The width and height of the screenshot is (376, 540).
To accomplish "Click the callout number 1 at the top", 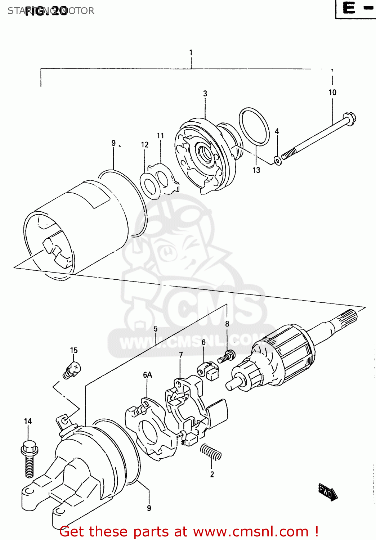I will point(191,53).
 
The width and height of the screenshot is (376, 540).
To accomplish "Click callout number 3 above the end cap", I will point(205,94).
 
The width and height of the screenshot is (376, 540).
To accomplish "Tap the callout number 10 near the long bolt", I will point(332,93).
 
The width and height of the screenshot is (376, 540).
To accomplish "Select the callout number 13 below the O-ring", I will point(256,170).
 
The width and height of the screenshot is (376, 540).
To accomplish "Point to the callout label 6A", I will point(147,375).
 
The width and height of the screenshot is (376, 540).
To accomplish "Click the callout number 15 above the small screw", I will point(73,351).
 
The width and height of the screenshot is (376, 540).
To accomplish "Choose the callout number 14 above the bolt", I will point(28,421).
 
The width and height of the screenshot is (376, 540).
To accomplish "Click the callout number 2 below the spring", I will point(212,474).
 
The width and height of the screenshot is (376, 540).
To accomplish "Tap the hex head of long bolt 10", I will point(349,118).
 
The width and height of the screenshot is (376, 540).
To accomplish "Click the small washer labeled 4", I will point(278,160).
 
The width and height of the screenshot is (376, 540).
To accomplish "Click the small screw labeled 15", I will point(72,370).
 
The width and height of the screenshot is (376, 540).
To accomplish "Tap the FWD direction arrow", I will point(327,492).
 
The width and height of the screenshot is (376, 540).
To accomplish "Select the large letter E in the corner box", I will point(349,8).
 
